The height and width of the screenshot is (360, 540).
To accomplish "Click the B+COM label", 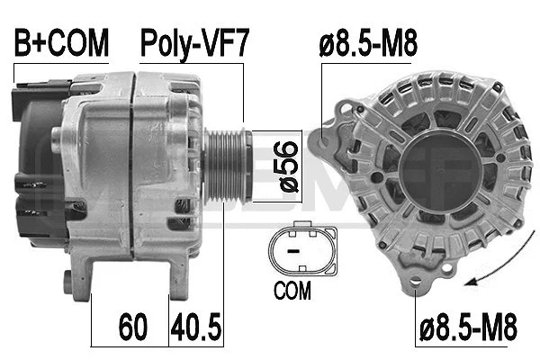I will (x=60, y=42).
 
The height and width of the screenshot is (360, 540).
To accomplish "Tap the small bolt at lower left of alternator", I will (x=68, y=282).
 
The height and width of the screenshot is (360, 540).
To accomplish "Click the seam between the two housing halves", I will (x=133, y=162).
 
